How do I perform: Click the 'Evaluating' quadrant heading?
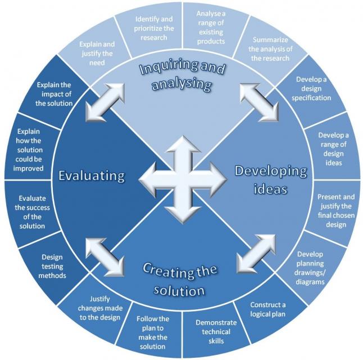(92, 175)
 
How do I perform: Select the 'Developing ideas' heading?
(271, 180)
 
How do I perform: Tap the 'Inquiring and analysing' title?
(182, 75)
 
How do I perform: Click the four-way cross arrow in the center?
(183, 179)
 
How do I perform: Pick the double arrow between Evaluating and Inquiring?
(105, 102)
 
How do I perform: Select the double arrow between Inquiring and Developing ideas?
(259, 102)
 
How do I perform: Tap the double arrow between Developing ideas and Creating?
(256, 253)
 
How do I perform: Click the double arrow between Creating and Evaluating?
(105, 257)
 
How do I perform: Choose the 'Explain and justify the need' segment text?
(97, 53)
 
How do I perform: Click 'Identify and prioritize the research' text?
(154, 28)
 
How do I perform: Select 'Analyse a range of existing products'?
(211, 28)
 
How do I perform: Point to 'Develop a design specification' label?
(311, 88)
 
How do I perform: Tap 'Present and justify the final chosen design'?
(336, 211)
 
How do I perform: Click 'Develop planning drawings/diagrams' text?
(310, 268)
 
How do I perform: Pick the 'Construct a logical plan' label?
(268, 309)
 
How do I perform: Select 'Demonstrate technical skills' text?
(216, 332)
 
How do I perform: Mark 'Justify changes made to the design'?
(100, 308)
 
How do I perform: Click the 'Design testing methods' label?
(52, 267)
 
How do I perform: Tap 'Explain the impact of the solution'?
(54, 94)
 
